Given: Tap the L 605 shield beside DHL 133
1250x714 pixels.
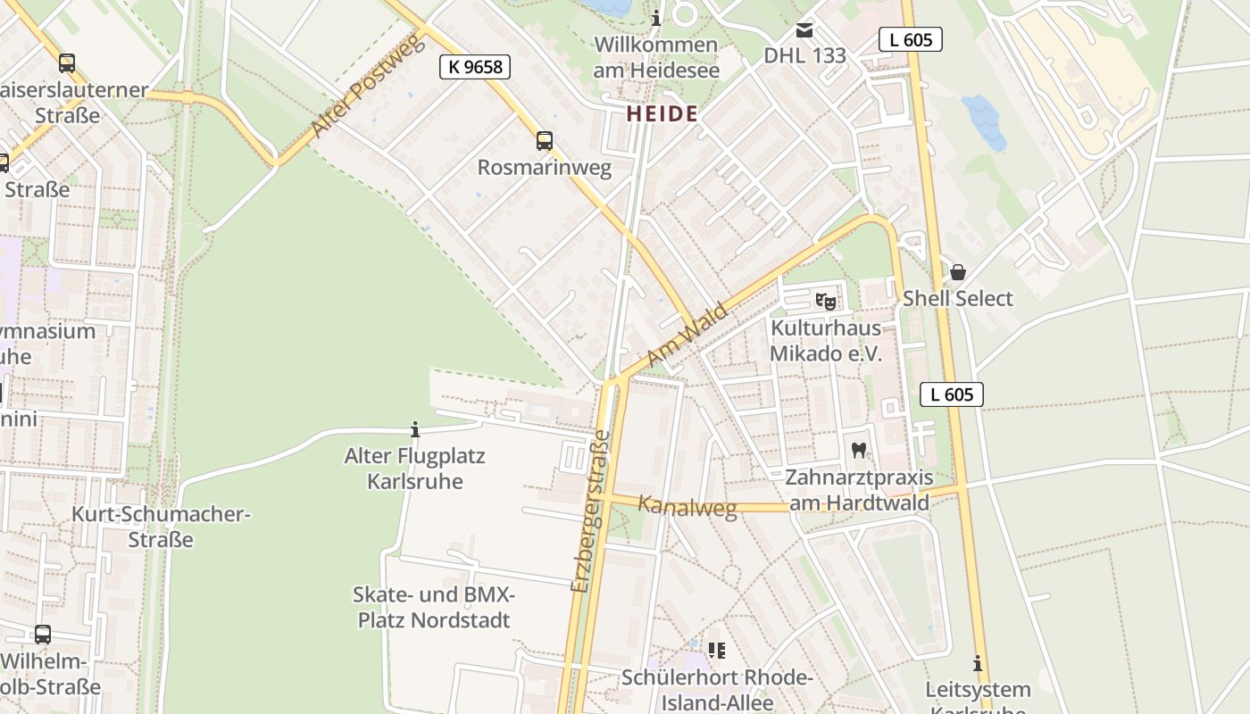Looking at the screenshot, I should point(911,39).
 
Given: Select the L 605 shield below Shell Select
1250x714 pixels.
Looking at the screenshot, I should point(952,394).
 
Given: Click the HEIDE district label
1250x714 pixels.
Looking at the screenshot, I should point(662,114).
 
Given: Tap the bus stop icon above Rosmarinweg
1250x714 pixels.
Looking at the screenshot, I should point(544,141).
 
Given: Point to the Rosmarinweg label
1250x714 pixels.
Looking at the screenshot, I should point(545,168).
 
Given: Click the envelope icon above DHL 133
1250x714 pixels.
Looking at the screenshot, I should point(804,30).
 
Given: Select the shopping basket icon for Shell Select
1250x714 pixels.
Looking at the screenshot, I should point(958,272).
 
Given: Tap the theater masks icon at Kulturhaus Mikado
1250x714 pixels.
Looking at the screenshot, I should point(826,302).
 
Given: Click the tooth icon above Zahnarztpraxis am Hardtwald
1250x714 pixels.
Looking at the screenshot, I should point(859,451).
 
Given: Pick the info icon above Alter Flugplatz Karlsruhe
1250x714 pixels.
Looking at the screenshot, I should point(414,430).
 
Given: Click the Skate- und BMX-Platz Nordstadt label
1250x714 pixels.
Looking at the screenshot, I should point(434,608).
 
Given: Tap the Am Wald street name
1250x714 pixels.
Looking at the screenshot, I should point(687,335).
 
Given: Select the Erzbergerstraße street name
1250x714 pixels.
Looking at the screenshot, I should point(591,511).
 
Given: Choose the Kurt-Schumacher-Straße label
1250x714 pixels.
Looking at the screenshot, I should point(161,527).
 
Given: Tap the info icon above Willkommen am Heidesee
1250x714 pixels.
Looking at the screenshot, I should point(656,18).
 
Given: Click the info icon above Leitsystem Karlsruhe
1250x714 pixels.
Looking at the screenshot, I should point(978,664).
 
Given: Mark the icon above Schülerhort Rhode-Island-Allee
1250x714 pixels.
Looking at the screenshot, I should point(716,650).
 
